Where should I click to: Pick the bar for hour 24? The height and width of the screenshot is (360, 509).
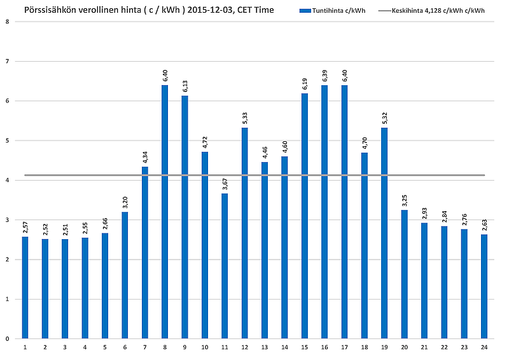tap(484, 286)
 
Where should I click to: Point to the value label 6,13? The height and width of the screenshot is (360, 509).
tap(185, 87)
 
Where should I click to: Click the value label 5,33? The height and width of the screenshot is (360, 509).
tap(244, 118)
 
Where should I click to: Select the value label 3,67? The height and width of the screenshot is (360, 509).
tap(225, 184)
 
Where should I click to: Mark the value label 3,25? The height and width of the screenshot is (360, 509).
tap(405, 201)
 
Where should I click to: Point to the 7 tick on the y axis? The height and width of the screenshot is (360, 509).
tap(7, 62)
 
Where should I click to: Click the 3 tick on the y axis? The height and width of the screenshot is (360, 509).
tap(7, 220)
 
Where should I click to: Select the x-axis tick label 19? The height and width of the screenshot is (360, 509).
tap(384, 347)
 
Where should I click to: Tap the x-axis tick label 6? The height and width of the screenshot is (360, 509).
tap(125, 347)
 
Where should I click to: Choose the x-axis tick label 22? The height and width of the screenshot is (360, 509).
tap(444, 347)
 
